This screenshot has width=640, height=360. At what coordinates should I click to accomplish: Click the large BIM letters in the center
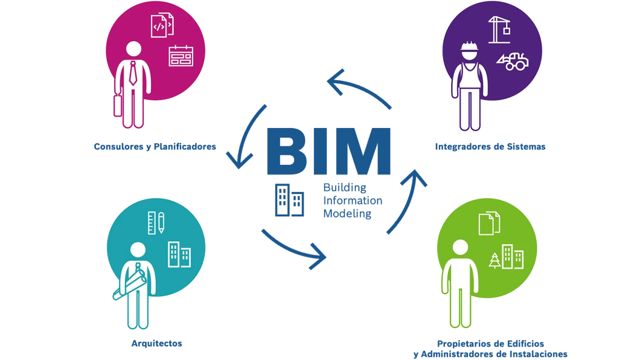(x=329, y=151)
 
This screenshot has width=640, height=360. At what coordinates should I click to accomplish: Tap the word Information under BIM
(x=353, y=201)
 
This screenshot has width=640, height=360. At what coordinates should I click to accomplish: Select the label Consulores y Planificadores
(x=155, y=146)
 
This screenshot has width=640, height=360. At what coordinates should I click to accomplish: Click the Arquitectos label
(x=157, y=343)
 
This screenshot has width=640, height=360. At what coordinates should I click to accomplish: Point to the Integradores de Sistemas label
(x=490, y=146)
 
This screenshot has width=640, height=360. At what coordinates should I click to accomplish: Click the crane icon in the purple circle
(x=499, y=30)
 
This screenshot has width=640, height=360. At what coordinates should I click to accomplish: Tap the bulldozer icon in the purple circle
(x=513, y=61)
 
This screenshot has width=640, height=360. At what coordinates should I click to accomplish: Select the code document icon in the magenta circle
(x=162, y=25)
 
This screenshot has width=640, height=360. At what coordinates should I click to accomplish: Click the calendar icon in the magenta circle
(x=181, y=56)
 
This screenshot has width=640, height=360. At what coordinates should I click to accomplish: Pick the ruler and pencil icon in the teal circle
(x=156, y=223)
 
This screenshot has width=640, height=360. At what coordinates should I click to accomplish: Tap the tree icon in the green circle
(x=495, y=260)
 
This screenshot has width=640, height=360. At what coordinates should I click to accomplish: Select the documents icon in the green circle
(x=489, y=223)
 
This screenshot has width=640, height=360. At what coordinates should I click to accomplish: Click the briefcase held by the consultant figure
(x=118, y=106)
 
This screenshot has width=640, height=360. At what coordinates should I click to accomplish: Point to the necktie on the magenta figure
(x=133, y=73)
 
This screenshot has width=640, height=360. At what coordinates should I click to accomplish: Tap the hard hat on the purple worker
(x=469, y=46)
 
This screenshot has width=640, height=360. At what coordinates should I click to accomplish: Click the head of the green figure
(x=460, y=247)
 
